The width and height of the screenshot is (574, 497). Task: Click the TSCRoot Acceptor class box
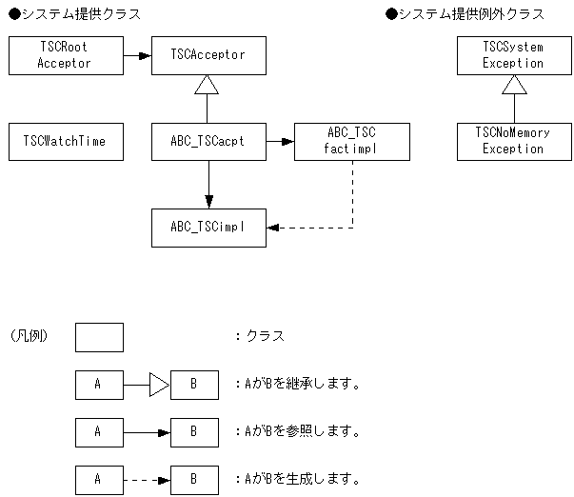pyautogui.click(x=66, y=55)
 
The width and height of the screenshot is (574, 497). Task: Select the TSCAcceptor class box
pyautogui.click(x=208, y=55)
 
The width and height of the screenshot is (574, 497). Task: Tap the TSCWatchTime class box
pyautogui.click(x=66, y=141)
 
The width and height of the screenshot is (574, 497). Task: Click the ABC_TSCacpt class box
pyautogui.click(x=208, y=141)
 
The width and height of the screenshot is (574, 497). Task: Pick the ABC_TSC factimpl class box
pyautogui.click(x=352, y=141)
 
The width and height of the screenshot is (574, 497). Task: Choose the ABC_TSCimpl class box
pyautogui.click(x=208, y=228)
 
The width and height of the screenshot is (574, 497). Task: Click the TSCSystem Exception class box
pyautogui.click(x=514, y=55)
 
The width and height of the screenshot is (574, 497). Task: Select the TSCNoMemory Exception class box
pyautogui.click(x=514, y=141)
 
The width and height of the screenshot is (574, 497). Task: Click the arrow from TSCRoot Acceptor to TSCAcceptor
pyautogui.click(x=137, y=55)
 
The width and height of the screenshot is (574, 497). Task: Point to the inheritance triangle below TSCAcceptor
pyautogui.click(x=208, y=85)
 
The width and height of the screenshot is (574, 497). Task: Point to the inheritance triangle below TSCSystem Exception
pyautogui.click(x=514, y=85)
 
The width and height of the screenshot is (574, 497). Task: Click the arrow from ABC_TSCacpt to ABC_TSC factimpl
pyautogui.click(x=280, y=141)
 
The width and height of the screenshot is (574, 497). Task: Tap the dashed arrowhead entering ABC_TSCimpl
pyautogui.click(x=273, y=228)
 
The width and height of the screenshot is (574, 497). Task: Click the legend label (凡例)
pyautogui.click(x=30, y=336)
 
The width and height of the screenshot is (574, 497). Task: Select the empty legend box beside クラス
pyautogui.click(x=99, y=337)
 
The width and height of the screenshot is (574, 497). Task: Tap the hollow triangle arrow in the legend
pyautogui.click(x=159, y=385)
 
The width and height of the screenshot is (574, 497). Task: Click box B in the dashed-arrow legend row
pyautogui.click(x=193, y=479)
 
